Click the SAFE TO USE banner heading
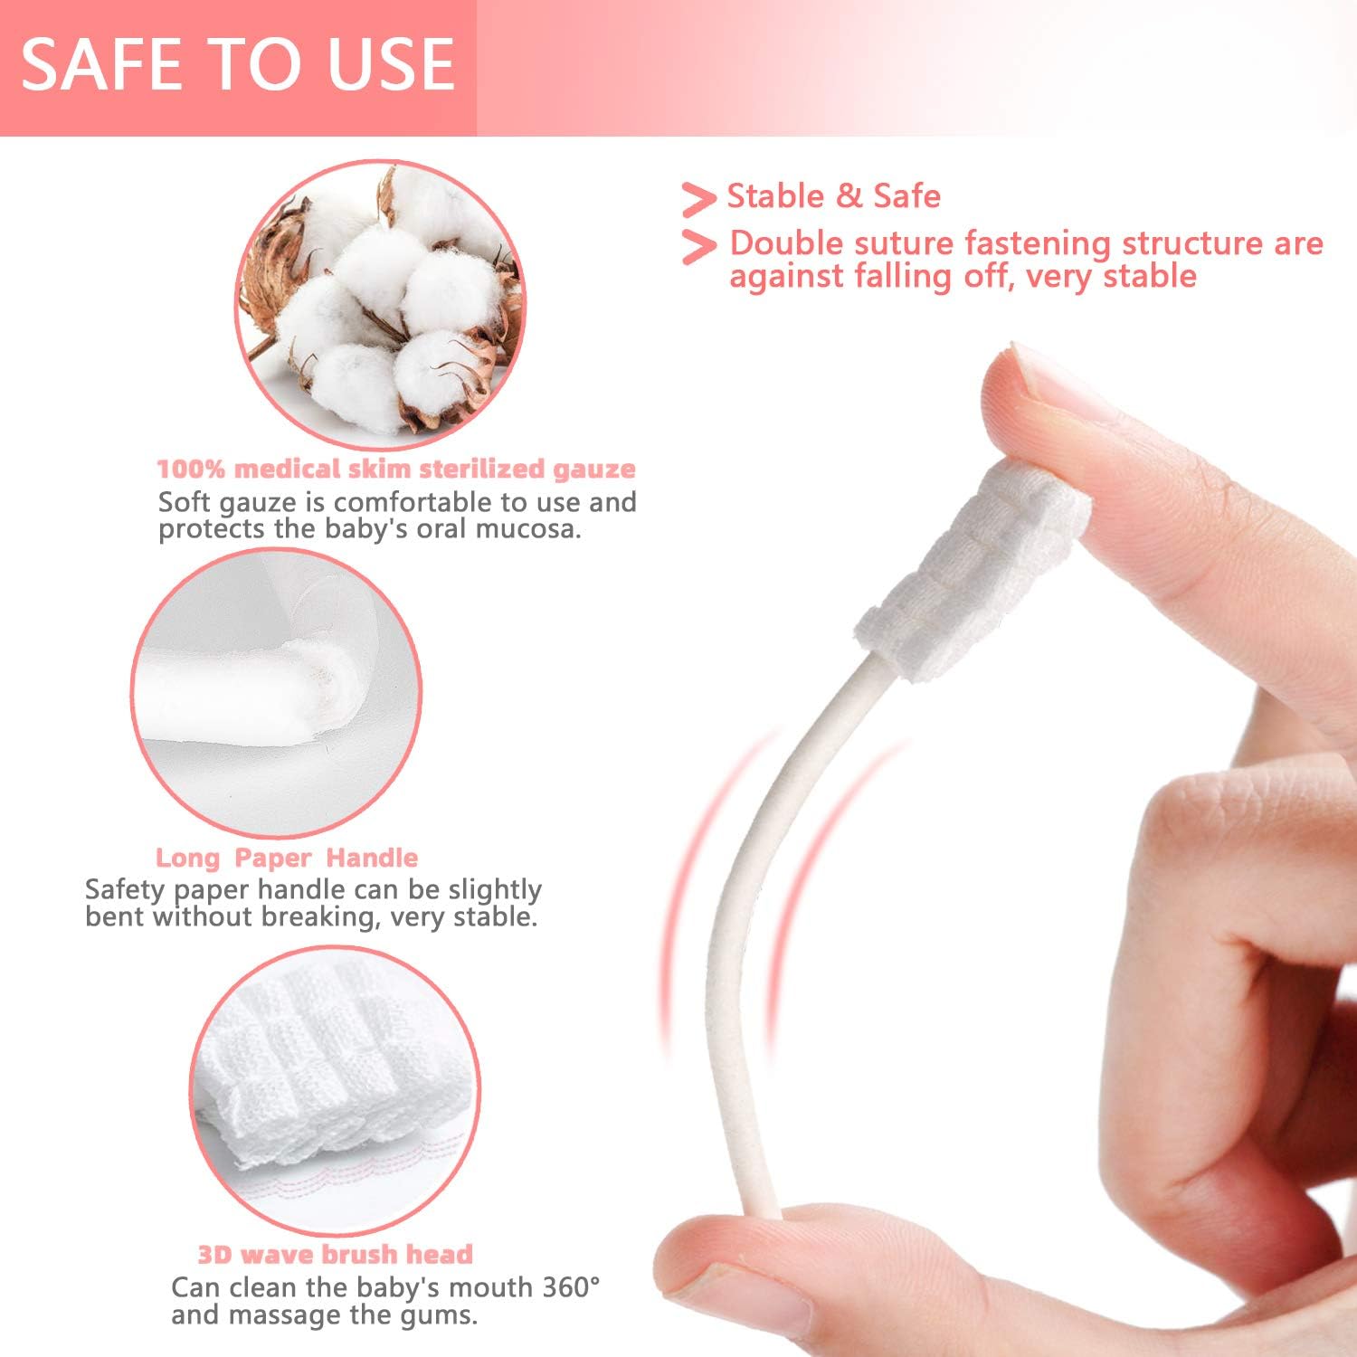(237, 65)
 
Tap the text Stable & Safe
(833, 196)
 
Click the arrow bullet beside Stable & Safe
(697, 199)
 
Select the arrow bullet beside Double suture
(697, 247)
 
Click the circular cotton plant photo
(380, 303)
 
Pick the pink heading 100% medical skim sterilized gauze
(396, 469)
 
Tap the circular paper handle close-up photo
(276, 692)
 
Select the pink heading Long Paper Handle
(287, 858)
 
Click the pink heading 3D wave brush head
(336, 1254)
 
